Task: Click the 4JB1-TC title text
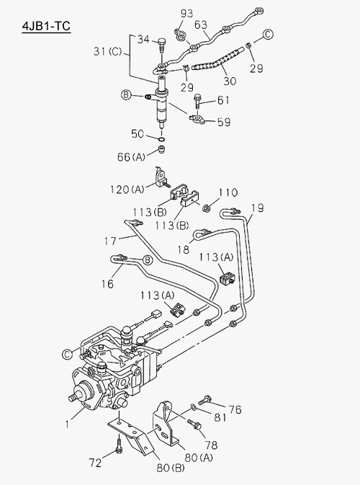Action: tap(46, 26)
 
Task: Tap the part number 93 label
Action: tap(186, 13)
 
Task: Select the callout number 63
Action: tap(201, 25)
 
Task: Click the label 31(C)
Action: tap(108, 51)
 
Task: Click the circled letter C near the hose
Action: tap(268, 34)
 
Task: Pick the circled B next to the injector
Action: tap(126, 94)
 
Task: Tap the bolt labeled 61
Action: tap(197, 102)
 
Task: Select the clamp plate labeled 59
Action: tap(197, 119)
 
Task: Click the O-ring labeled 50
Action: tap(161, 139)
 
